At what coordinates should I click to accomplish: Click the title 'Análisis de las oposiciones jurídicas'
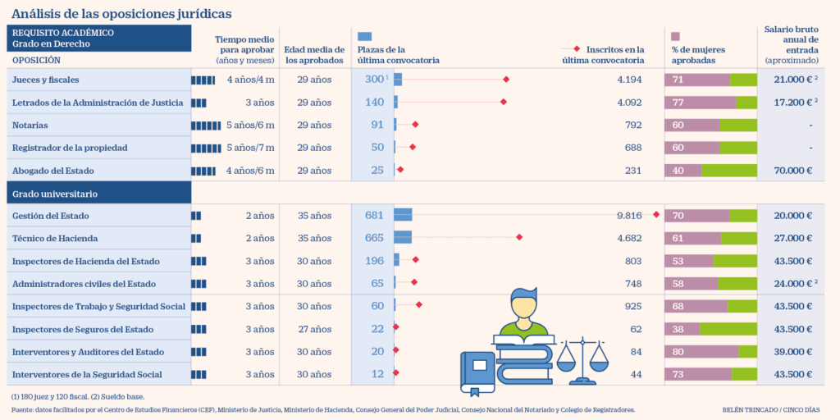121,14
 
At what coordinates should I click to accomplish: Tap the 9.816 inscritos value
629,216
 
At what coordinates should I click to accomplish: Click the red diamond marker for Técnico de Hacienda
519,238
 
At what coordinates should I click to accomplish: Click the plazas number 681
374,216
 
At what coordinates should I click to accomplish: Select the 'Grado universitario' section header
55,194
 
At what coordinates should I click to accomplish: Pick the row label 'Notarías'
30,126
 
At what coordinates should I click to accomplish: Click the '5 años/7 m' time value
250,148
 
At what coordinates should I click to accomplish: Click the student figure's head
523,305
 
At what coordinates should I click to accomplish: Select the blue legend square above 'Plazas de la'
365,36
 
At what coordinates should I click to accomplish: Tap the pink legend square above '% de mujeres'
676,36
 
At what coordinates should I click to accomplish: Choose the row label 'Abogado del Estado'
53,171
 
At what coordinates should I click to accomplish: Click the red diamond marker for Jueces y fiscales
506,80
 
